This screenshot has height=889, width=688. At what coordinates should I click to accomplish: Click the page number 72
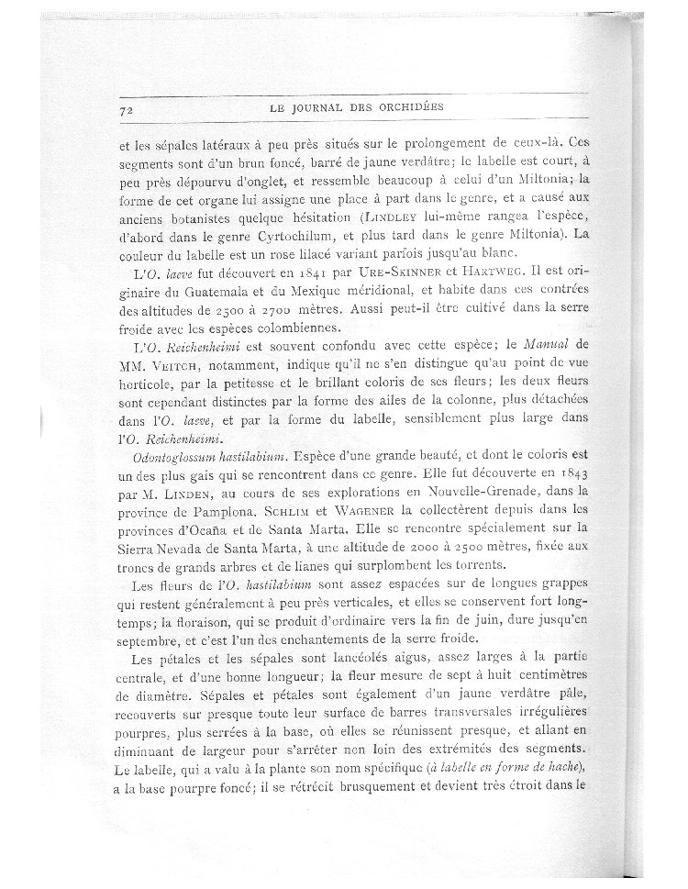coord(127,109)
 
